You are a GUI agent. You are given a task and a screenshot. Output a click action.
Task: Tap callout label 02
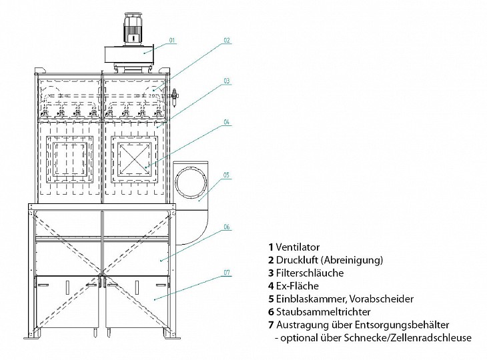click(226, 41)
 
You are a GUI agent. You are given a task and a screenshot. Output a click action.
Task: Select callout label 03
click(226, 80)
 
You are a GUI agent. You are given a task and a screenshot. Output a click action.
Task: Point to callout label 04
click(226, 122)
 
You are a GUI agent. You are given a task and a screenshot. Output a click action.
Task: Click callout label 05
click(226, 175)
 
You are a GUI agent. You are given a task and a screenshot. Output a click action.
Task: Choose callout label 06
click(226, 227)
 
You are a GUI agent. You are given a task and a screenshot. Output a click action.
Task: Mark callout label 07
click(226, 273)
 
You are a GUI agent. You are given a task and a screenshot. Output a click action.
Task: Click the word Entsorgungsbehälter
click(410, 324)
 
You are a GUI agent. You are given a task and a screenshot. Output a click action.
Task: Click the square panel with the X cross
click(137, 160)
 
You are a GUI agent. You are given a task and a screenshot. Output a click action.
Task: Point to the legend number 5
click(271, 299)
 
